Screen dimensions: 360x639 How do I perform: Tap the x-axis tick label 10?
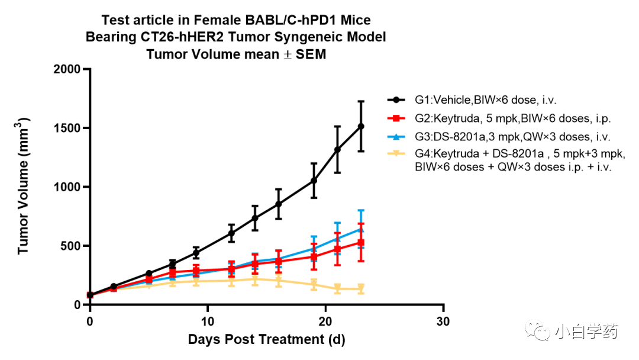207,322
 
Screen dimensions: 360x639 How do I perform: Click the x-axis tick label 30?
443,322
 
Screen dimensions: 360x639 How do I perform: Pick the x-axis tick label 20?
325,322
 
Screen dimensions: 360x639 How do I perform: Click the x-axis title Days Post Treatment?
266,340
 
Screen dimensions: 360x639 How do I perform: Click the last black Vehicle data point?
361,126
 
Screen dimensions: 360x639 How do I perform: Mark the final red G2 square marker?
361,243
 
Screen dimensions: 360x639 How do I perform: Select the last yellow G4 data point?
361,289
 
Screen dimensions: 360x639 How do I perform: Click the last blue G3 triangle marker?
361,229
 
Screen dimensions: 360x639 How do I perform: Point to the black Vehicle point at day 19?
314,181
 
